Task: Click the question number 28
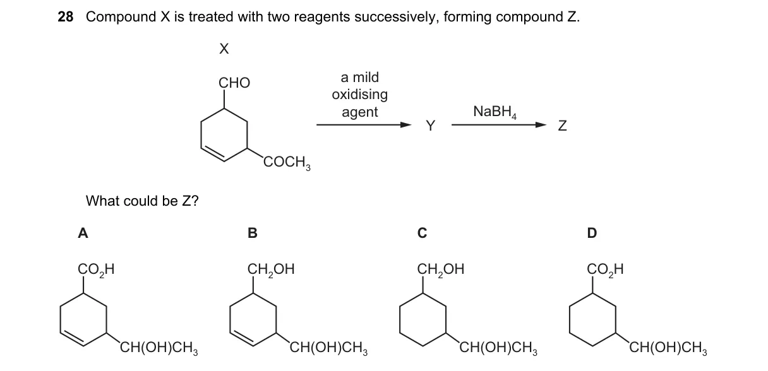click(x=66, y=17)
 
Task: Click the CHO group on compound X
click(x=234, y=83)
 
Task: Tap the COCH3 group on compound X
click(x=287, y=162)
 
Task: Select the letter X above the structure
click(x=224, y=49)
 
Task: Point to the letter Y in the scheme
click(x=431, y=126)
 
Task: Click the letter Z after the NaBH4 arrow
click(x=562, y=126)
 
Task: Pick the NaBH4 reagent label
click(x=495, y=112)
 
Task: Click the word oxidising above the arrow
click(x=359, y=94)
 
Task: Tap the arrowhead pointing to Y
click(x=406, y=125)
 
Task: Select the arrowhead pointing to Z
click(x=541, y=125)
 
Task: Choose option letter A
click(x=83, y=233)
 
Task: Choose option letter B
click(x=253, y=233)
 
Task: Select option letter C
click(x=422, y=233)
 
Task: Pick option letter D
click(x=592, y=233)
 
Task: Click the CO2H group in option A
click(x=96, y=269)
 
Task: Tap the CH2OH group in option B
click(x=271, y=269)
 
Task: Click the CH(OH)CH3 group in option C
click(x=498, y=348)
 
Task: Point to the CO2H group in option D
click(x=605, y=269)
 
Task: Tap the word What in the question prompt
click(x=102, y=201)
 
